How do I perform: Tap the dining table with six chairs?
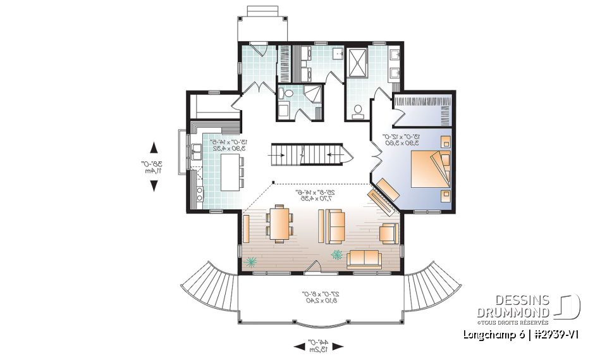pyautogui.click(x=279, y=224)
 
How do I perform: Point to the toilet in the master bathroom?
pyautogui.click(x=358, y=111)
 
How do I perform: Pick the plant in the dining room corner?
pyautogui.click(x=252, y=262)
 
